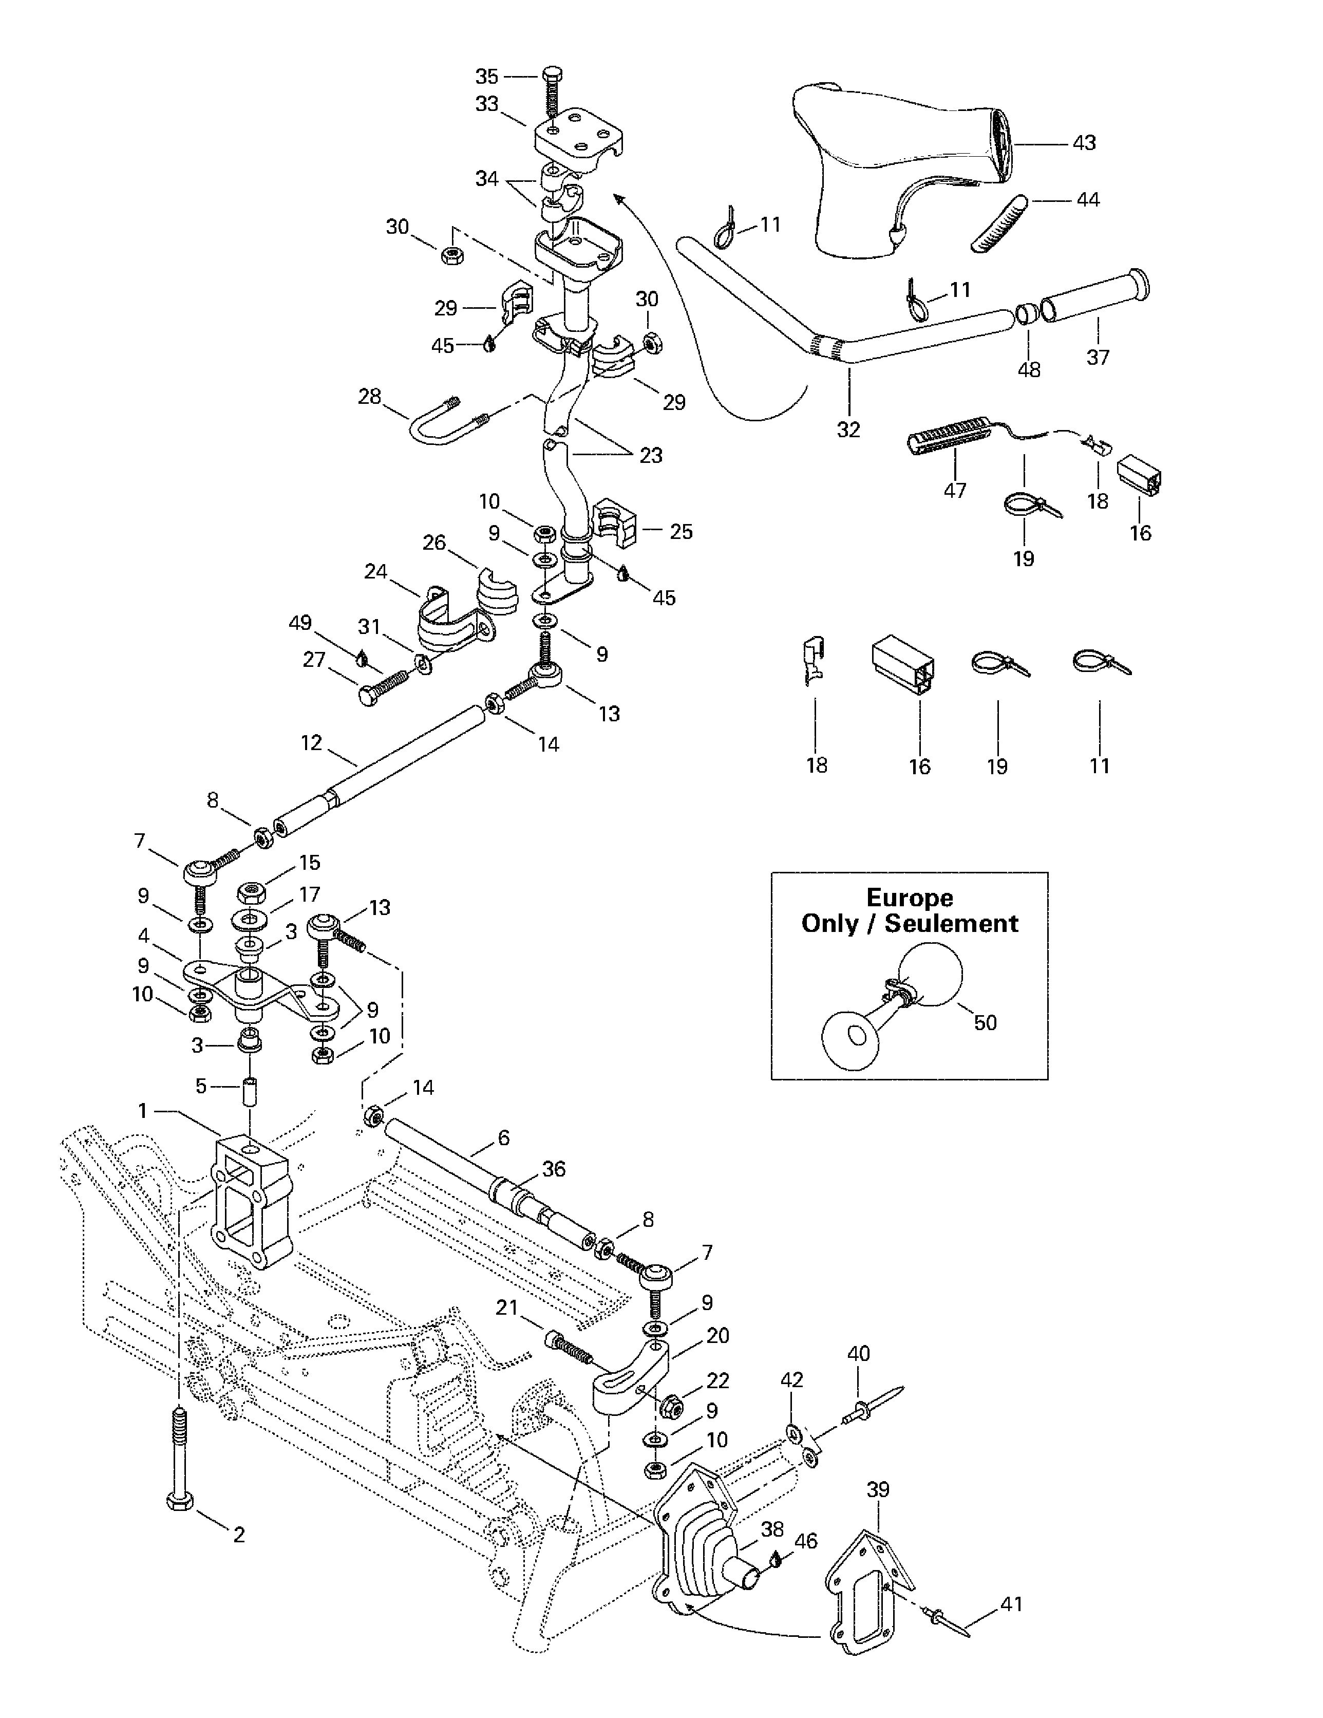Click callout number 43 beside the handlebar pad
point(1083,143)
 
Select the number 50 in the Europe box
point(985,1022)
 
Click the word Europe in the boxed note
point(909,898)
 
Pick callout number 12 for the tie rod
point(311,742)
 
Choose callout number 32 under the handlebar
point(848,429)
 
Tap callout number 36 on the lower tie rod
point(554,1169)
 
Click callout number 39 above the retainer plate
point(878,1489)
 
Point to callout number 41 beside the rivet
point(1011,1603)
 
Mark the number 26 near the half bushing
point(434,542)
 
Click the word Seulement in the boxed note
point(951,924)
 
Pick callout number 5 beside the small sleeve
point(201,1086)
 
